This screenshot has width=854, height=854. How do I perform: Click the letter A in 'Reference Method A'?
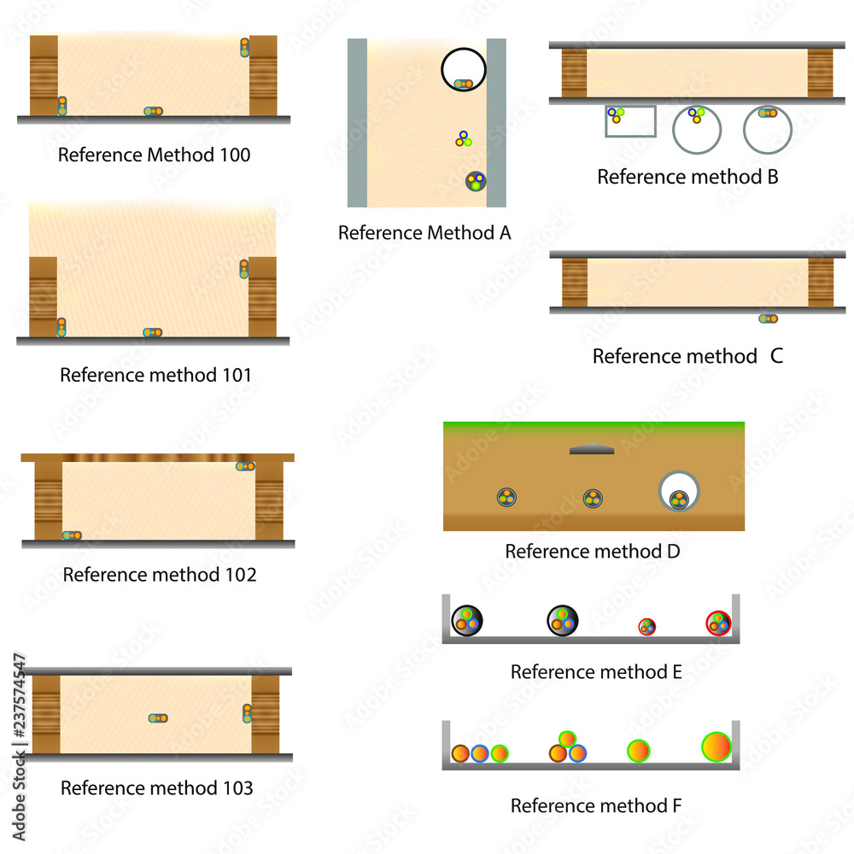coord(505,233)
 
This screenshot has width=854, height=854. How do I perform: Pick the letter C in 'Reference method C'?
coord(776,356)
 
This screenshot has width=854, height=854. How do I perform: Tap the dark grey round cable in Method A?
coord(476,181)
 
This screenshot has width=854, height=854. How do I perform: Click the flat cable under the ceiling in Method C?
coord(768,319)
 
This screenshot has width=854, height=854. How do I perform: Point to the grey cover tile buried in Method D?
coord(592,449)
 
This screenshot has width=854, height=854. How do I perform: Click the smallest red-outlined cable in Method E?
coord(647,627)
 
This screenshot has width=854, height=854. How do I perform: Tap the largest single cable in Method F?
coord(717,746)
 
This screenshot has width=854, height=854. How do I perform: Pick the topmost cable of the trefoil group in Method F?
coord(568,739)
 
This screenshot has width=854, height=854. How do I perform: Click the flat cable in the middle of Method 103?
coord(158,718)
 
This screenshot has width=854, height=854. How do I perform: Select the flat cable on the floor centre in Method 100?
coord(153,111)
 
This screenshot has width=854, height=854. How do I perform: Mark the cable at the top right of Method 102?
coord(245,466)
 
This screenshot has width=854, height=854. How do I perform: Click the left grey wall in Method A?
coord(357,122)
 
